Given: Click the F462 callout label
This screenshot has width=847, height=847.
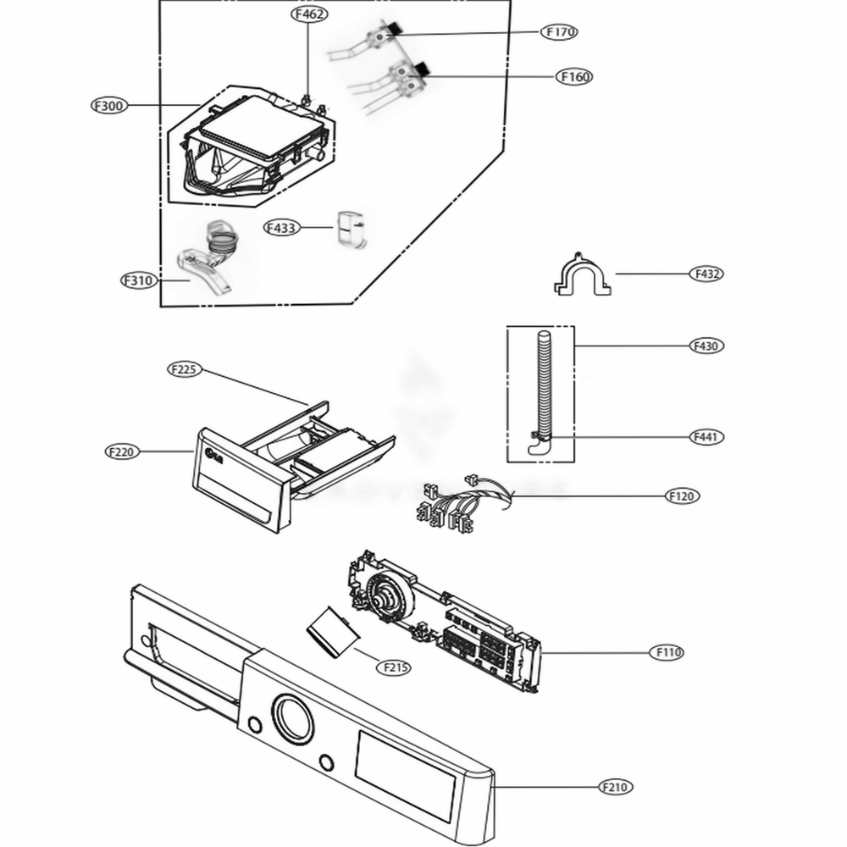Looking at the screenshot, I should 309,14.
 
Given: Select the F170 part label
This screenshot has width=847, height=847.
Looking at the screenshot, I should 559,32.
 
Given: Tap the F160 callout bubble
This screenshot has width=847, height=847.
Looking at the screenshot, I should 574,76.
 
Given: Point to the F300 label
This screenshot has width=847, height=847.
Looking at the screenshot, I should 109,106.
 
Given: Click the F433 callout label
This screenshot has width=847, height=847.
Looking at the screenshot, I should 282,228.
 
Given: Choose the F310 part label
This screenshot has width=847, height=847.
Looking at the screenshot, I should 139,280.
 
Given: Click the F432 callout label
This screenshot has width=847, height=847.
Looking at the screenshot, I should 706,274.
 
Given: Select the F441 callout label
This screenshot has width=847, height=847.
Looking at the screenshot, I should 706,437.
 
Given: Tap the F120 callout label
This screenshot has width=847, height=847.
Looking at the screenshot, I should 683,495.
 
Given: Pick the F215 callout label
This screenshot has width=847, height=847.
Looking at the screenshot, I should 393,667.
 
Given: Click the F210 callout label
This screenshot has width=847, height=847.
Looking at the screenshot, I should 616,787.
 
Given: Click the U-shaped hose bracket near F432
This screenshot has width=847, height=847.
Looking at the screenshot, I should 583,277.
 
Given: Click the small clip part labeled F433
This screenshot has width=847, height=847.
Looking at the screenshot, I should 351,230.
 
